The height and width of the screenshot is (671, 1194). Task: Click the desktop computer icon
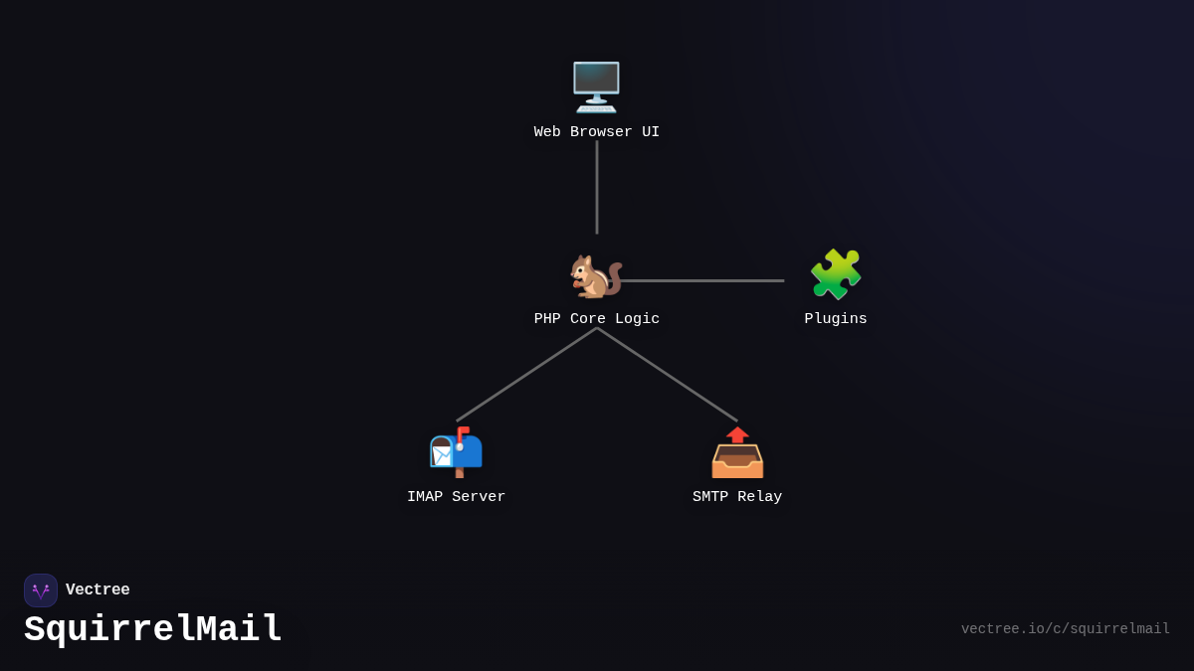click(x=596, y=86)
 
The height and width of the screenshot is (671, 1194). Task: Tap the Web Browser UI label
click(x=596, y=132)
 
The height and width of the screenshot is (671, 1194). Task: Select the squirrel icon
click(x=595, y=275)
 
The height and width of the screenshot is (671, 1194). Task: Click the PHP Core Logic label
click(x=596, y=319)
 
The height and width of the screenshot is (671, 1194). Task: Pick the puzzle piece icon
click(x=836, y=274)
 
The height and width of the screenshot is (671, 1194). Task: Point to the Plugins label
click(x=836, y=319)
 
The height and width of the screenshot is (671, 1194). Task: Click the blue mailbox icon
click(x=456, y=452)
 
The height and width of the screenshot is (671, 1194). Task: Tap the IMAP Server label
click(x=456, y=497)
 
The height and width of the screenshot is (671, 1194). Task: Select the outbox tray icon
click(x=737, y=453)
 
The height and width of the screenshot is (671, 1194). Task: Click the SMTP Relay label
click(x=737, y=497)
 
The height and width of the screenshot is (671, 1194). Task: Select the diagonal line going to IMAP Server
click(x=526, y=375)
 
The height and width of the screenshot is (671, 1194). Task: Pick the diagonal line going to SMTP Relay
click(x=668, y=375)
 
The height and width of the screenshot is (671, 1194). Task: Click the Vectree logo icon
click(x=41, y=590)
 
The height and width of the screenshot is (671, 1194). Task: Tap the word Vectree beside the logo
click(x=98, y=590)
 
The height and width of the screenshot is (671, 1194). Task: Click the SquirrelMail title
click(x=153, y=630)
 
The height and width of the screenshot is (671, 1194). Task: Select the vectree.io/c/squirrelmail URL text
click(x=1065, y=629)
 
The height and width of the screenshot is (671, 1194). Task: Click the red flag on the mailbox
click(x=463, y=431)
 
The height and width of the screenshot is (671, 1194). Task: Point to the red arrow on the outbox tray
click(x=737, y=434)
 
